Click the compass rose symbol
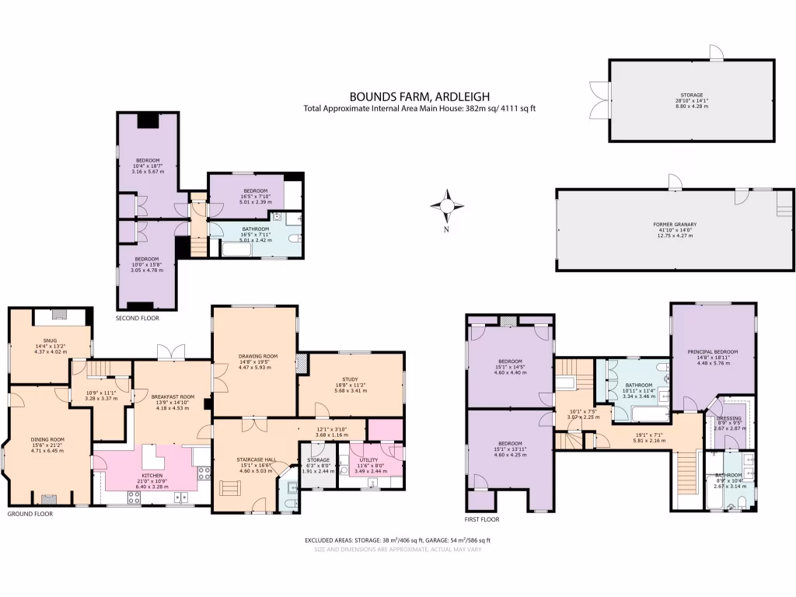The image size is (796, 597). (x=447, y=206)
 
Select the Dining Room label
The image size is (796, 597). (x=47, y=439)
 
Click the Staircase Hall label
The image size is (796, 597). (x=253, y=460)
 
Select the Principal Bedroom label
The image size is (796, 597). (x=712, y=351)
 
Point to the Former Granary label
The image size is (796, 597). (x=673, y=224)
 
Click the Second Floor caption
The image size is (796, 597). (x=138, y=319)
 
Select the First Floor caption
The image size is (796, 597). (x=482, y=519)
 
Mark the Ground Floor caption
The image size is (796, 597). (x=30, y=514)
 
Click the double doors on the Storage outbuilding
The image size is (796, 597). (x=599, y=99)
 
